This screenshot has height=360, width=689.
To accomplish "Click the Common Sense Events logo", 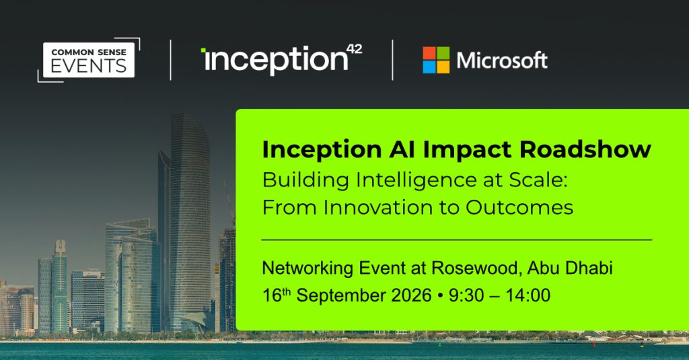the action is tap(89, 60).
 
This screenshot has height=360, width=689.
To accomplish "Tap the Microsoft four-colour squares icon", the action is tap(436, 60).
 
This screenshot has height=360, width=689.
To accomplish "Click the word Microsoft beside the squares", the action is tap(502, 60).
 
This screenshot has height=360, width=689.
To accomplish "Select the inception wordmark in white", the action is tap(275, 60).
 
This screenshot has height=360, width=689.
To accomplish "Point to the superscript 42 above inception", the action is tap(354, 49).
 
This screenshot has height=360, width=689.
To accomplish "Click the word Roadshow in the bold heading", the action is tap(585, 149).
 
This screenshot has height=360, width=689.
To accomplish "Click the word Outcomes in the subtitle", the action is tap(519, 207).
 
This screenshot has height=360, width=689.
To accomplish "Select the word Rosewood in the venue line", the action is tap(476, 268).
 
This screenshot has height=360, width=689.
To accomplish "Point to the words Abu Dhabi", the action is tap(570, 268).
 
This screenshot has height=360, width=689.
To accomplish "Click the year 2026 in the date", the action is tap(411, 295).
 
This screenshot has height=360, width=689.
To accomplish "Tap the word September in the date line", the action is tap(340, 296).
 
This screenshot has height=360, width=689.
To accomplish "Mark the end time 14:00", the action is tap(528, 295).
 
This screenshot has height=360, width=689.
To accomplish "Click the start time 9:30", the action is tap(467, 295).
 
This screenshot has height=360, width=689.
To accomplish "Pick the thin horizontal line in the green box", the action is tap(457, 240).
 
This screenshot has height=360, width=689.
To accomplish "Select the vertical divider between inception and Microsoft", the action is tap(392, 60).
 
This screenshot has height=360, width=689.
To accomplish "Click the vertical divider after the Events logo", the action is tap(170, 60).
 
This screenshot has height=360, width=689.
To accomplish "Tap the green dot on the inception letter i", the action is tap(203, 50).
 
